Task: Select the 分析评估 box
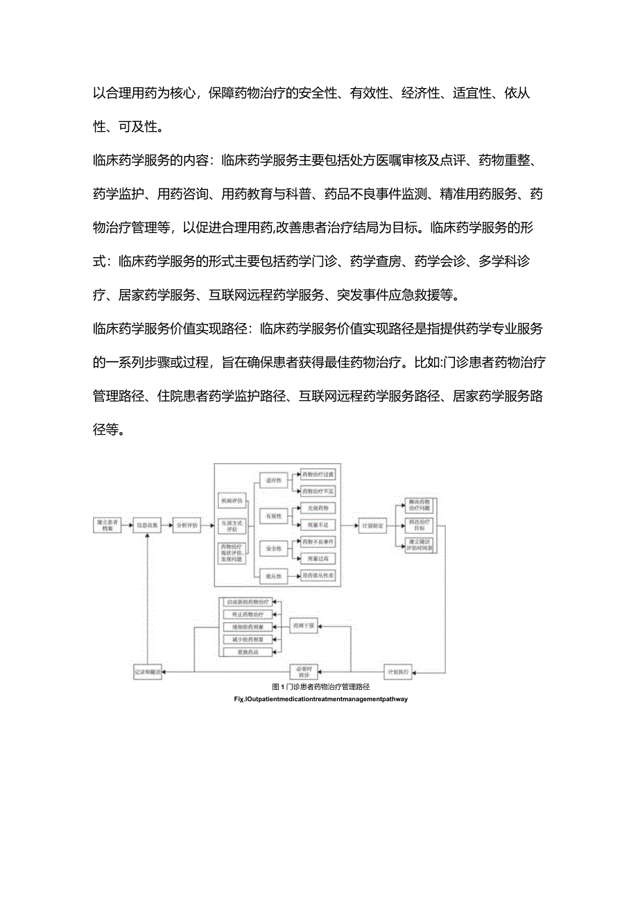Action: [x=186, y=526]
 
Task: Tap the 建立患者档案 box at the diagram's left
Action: [x=107, y=526]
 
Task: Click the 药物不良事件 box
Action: [x=318, y=541]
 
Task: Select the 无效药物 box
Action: [x=318, y=508]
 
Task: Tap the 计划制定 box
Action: [x=372, y=526]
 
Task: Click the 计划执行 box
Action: [x=398, y=671]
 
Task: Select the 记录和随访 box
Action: [x=148, y=671]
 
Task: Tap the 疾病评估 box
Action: [x=232, y=500]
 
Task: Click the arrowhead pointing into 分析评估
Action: [x=170, y=526]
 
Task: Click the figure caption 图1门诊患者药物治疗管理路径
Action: [x=321, y=686]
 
